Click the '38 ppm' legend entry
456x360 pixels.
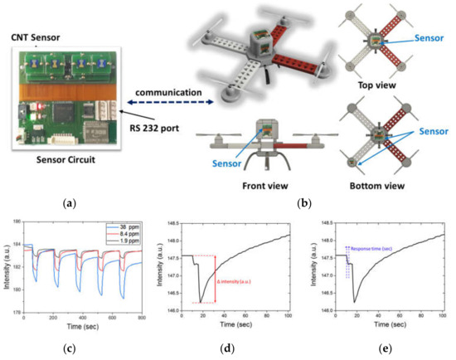pos(126,226)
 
